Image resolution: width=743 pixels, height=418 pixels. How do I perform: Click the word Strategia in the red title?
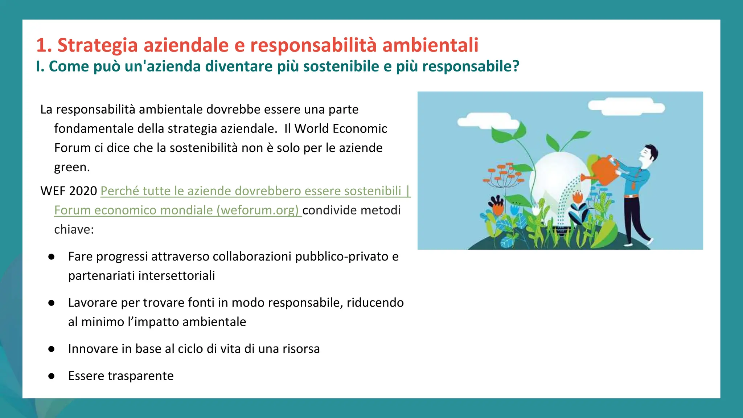pos(98,45)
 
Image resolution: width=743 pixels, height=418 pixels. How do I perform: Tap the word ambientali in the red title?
pos(430,45)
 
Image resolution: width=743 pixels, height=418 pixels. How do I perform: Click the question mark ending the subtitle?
pos(516,66)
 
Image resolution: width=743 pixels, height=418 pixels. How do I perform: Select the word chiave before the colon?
pos(72,229)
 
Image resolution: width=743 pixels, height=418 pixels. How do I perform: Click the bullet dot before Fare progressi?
pos(52,257)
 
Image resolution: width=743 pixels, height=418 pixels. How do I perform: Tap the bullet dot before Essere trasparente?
pos(52,376)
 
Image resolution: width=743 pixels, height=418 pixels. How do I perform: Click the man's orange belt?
pos(631,196)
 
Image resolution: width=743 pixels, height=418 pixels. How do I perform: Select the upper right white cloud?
pos(626,107)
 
